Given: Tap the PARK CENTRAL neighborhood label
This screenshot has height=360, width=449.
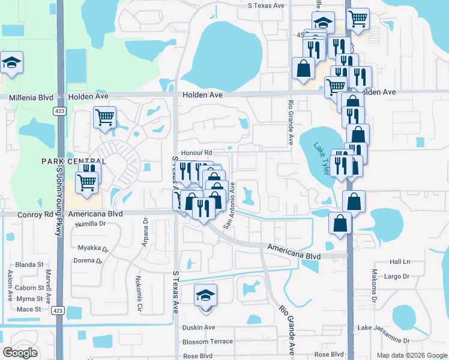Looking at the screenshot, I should click(74, 161).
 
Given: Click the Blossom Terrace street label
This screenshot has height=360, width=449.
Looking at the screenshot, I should click(208, 341).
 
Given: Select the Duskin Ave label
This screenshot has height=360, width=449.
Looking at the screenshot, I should click(199, 327).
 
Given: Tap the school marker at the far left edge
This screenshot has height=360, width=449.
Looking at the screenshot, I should click(10, 62).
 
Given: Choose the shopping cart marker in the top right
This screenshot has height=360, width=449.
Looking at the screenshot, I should click(358, 19).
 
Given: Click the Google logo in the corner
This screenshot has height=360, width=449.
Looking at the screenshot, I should click(20, 353).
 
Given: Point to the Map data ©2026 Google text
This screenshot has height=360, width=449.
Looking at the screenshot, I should click(411, 355).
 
